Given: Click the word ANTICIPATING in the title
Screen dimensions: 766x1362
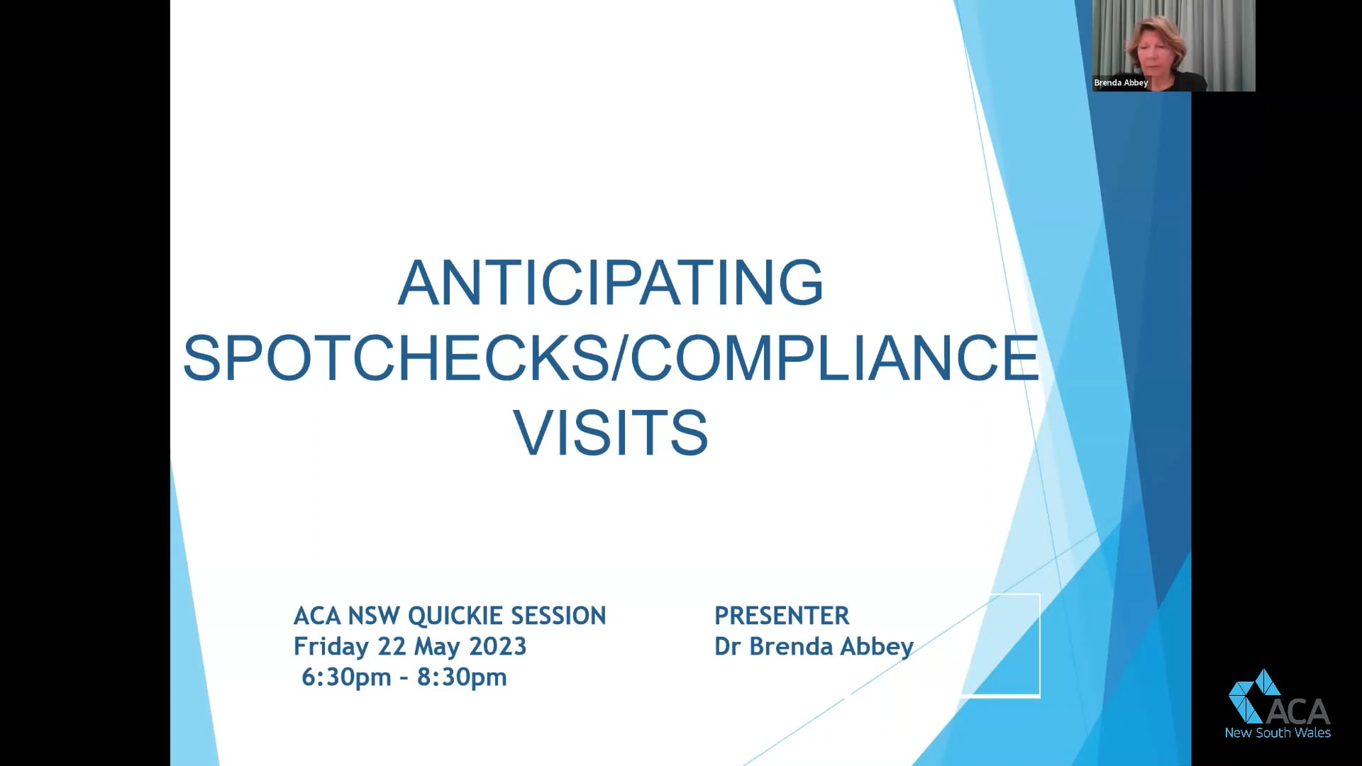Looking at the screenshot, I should (611, 282).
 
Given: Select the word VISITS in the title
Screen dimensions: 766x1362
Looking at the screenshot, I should (611, 432).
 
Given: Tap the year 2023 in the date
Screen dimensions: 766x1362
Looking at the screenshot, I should (497, 647).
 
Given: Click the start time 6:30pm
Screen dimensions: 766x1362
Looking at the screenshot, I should (346, 677).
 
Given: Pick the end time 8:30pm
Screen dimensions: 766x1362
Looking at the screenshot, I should (462, 677).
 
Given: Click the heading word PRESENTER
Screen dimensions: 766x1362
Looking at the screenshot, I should (781, 616).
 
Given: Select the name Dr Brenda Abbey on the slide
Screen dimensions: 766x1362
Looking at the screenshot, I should (814, 647).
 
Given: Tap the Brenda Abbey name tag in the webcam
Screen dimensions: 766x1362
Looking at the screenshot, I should (1121, 83).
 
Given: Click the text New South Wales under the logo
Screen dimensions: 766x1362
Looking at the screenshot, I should (1278, 733).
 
